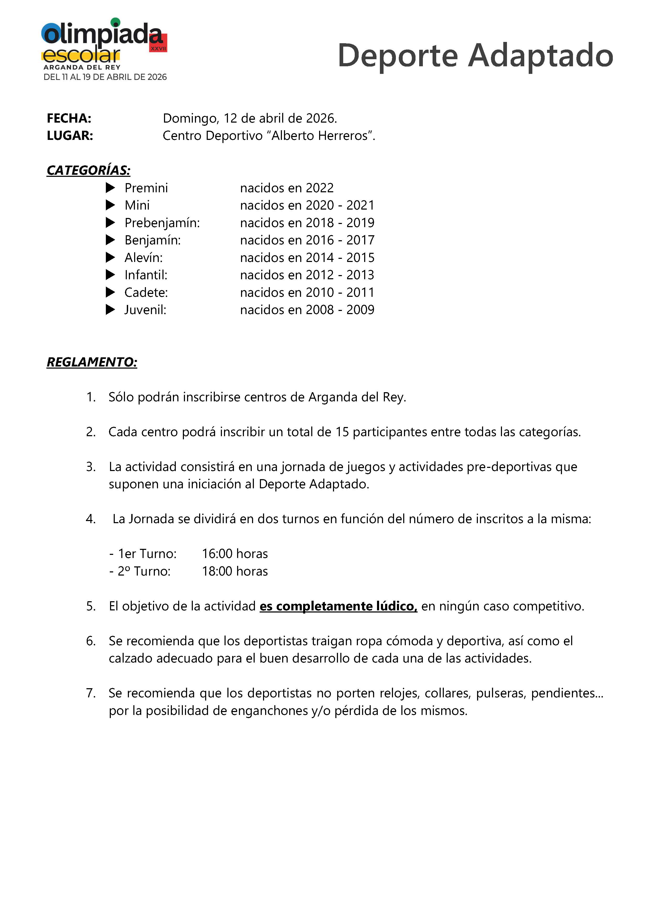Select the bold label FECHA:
click(69, 118)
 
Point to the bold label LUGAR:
click(70, 136)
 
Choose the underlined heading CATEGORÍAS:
click(89, 170)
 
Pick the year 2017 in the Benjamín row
click(360, 240)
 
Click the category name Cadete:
click(146, 293)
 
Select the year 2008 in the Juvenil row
click(319, 310)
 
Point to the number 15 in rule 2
click(342, 432)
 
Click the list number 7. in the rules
click(91, 693)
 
